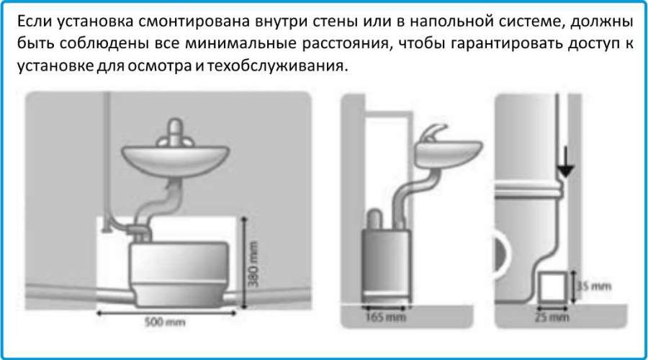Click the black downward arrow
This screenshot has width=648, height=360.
pos(566,168)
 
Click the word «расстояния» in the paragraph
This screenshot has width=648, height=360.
pos(341,42)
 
